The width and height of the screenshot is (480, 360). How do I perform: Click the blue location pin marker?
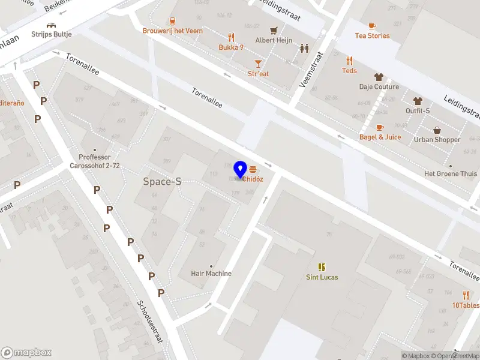coord(241,169)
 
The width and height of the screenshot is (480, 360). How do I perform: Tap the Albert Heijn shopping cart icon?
coord(274,30)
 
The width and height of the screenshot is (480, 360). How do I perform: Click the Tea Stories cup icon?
coord(372,26)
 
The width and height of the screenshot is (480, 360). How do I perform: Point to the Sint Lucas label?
coord(322,277)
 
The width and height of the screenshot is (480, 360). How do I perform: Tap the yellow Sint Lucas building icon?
coord(322,266)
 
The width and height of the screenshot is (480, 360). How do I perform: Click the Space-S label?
coord(162,181)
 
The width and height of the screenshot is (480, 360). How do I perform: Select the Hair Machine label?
coord(211,274)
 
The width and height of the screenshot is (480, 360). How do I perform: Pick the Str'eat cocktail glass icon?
coord(259,63)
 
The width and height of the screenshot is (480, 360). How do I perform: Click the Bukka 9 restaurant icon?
coord(231,37)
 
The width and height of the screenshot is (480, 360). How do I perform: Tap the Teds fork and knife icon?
coord(349,61)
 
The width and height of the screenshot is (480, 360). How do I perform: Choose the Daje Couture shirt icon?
coord(379,77)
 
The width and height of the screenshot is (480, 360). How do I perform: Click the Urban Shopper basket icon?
coord(437,130)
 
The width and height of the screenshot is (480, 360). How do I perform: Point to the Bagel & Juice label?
coord(380,137)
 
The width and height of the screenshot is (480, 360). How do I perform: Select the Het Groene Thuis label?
coord(450,173)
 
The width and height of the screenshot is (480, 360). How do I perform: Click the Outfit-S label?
coord(418,111)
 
